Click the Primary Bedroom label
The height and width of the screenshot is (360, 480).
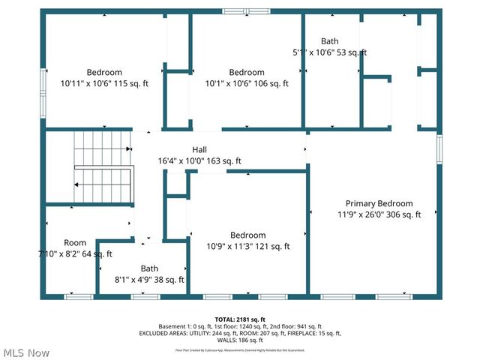point(379,203)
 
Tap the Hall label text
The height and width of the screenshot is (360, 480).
point(199,149)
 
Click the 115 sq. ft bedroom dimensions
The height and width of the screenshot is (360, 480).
point(103,83)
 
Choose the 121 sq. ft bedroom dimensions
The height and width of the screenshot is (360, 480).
point(247,246)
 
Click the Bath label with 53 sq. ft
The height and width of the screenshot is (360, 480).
point(329,41)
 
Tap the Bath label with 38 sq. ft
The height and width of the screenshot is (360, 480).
point(149,268)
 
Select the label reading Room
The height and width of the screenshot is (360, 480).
point(75,243)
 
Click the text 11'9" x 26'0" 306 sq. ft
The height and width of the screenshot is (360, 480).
point(379,214)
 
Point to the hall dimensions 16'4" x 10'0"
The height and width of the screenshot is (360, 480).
point(199,160)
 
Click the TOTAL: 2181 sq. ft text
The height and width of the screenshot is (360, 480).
point(240,319)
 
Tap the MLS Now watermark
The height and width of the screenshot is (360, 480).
point(25,352)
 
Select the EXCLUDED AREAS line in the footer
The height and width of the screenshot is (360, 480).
point(240,333)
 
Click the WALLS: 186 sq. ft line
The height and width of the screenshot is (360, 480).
point(240,340)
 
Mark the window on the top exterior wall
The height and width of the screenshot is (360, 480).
point(246,11)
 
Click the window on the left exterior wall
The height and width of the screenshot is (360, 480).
point(43,79)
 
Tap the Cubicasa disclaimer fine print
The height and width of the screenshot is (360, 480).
point(240,349)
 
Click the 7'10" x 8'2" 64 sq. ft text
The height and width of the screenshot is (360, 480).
point(75,254)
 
